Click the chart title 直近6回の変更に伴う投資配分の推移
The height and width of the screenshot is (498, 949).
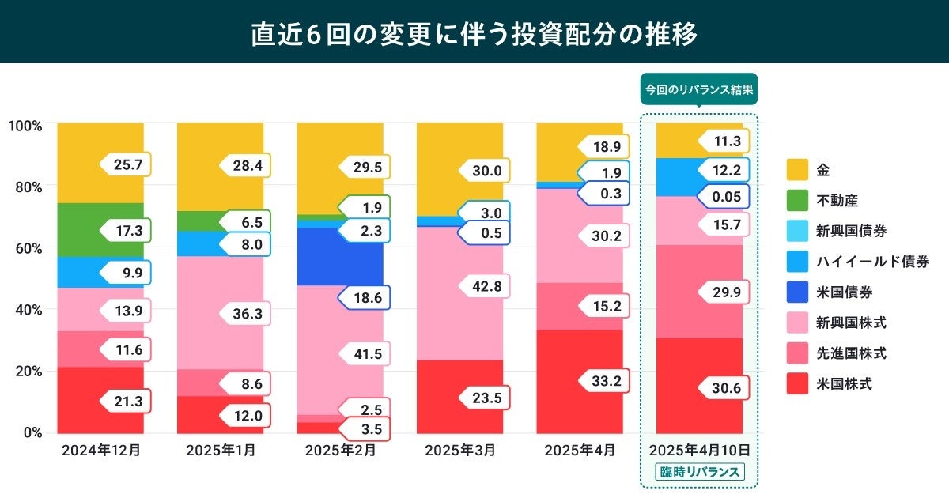click(x=475, y=33)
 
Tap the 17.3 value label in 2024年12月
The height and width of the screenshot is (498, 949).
click(x=127, y=231)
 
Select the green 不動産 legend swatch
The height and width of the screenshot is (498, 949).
click(x=797, y=200)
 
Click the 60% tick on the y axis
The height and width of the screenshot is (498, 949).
click(x=27, y=247)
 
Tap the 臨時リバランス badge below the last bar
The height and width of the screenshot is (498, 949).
click(x=700, y=472)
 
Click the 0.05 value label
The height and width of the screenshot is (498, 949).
click(x=725, y=198)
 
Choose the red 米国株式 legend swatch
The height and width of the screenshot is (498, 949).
click(x=797, y=383)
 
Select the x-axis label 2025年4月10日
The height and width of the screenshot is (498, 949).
click(x=700, y=451)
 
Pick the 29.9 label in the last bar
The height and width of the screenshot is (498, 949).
click(x=725, y=292)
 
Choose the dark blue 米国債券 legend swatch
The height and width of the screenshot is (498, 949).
click(x=797, y=292)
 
